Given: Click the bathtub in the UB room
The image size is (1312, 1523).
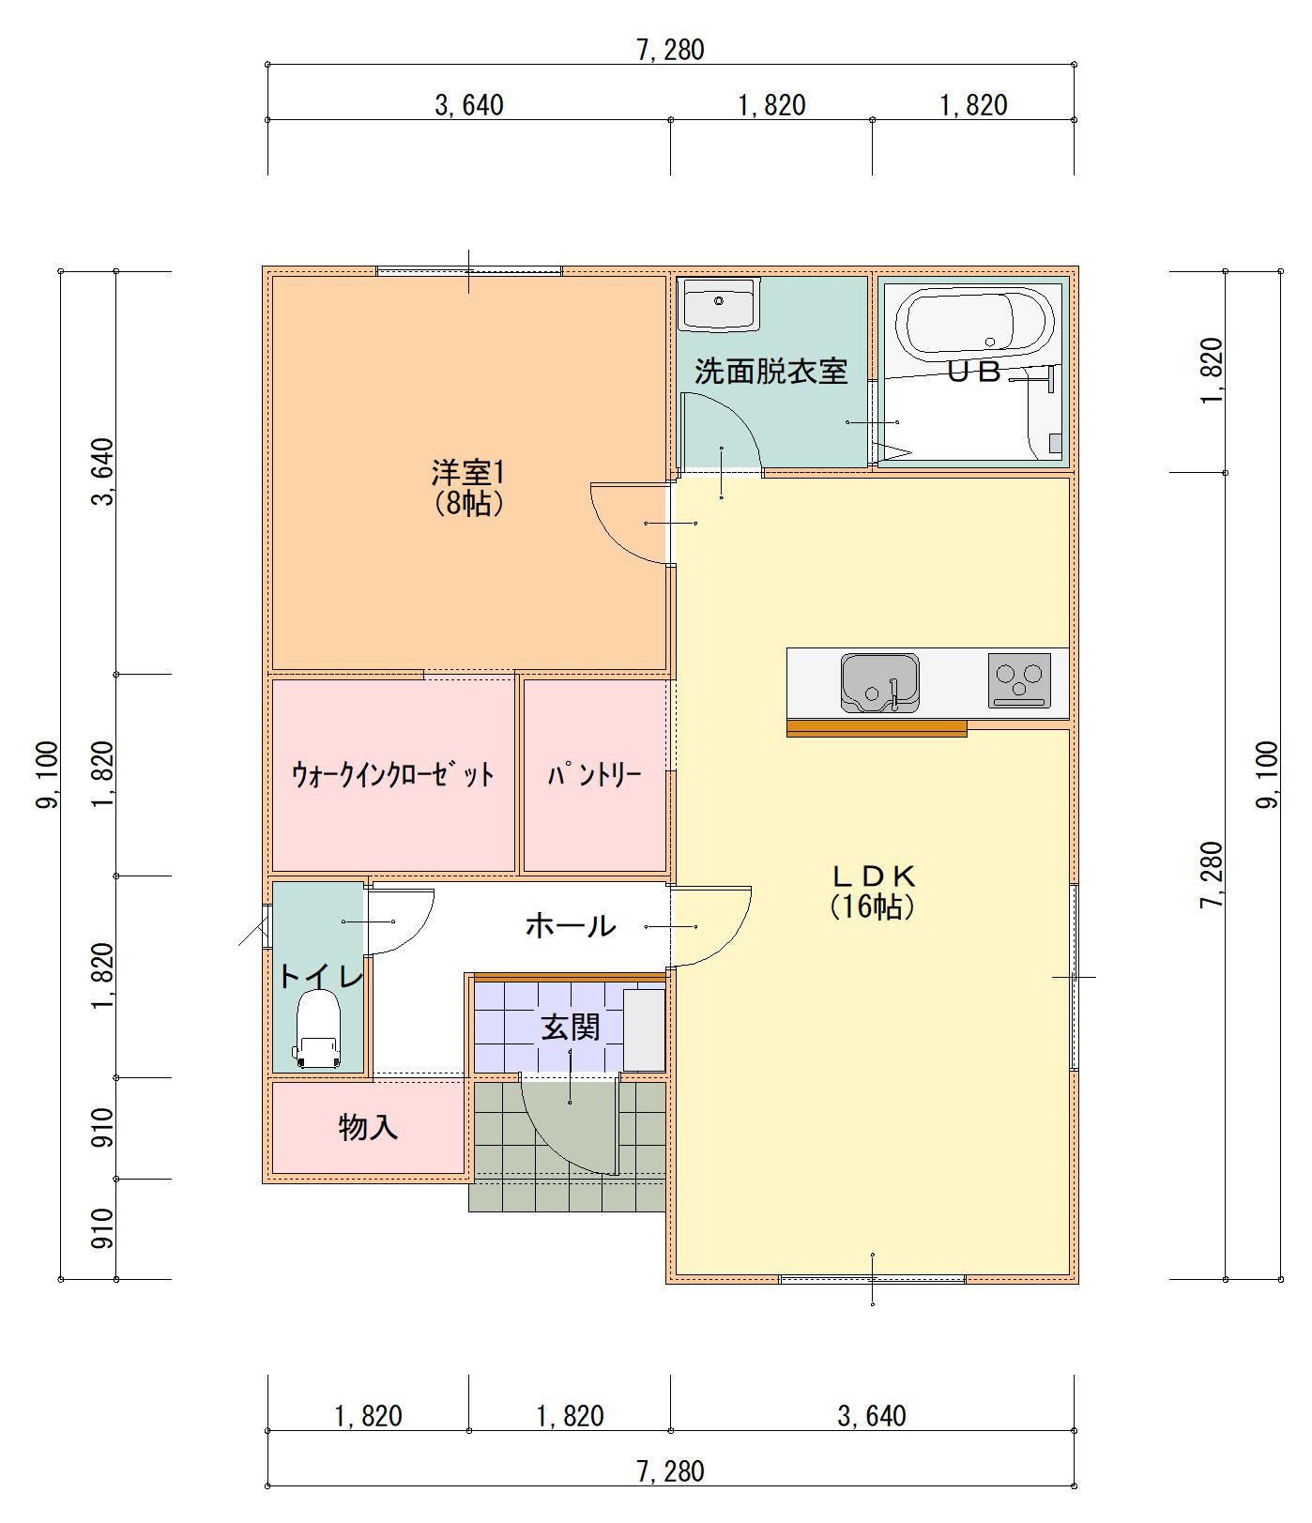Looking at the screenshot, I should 971,322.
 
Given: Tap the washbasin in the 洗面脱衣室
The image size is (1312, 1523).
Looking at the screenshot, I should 719,303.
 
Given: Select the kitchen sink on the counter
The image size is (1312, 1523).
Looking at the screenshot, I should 879,682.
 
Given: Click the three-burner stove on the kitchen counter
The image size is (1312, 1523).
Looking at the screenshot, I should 1019,679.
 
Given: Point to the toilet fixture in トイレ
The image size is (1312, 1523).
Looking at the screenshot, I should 318,1030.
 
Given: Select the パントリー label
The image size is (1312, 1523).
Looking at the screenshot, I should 595,775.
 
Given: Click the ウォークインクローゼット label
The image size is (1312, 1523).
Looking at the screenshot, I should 393,775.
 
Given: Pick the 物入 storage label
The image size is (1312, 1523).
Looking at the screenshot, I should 368,1126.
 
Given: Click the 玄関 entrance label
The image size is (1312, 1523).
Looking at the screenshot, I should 570,1027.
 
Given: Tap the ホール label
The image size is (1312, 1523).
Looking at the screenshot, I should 570,926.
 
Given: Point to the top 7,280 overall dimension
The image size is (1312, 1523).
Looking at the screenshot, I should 670,50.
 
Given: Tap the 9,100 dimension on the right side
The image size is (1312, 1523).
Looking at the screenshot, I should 1266,775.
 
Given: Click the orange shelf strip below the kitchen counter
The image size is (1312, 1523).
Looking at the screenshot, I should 877,727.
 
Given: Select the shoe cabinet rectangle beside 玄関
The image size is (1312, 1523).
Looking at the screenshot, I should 644,1029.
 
